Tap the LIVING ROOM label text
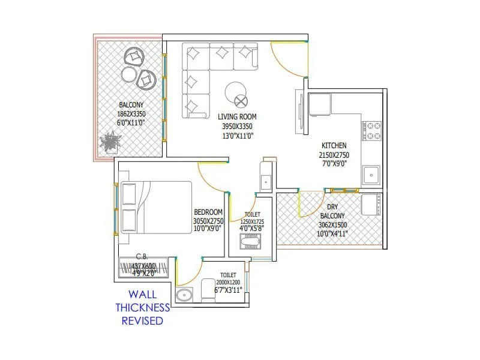click(x=238, y=117)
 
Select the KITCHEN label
click(x=334, y=146)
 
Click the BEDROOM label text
click(x=208, y=212)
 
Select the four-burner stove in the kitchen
click(x=372, y=131)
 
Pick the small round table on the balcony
click(x=128, y=74)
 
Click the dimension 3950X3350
click(x=238, y=127)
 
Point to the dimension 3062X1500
click(x=332, y=225)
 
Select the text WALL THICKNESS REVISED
click(x=143, y=307)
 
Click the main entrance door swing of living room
click(x=287, y=60)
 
